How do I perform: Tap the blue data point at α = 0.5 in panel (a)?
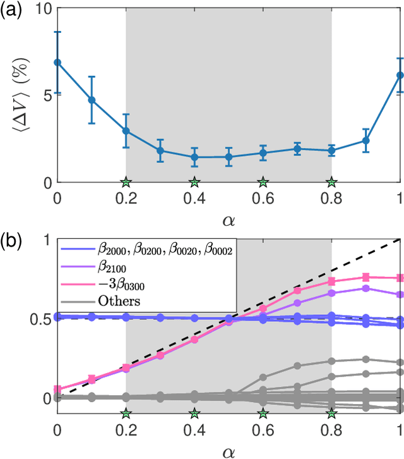(x=229, y=157)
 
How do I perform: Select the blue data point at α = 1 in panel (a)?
(x=400, y=75)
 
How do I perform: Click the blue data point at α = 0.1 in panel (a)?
(x=92, y=100)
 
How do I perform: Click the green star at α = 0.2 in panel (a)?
(x=126, y=182)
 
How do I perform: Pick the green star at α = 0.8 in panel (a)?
(x=331, y=182)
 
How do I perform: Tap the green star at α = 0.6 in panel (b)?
(x=263, y=413)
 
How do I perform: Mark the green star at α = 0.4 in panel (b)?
(x=194, y=413)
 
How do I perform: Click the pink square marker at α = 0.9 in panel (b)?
(x=365, y=277)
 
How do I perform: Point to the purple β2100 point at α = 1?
(x=400, y=295)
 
